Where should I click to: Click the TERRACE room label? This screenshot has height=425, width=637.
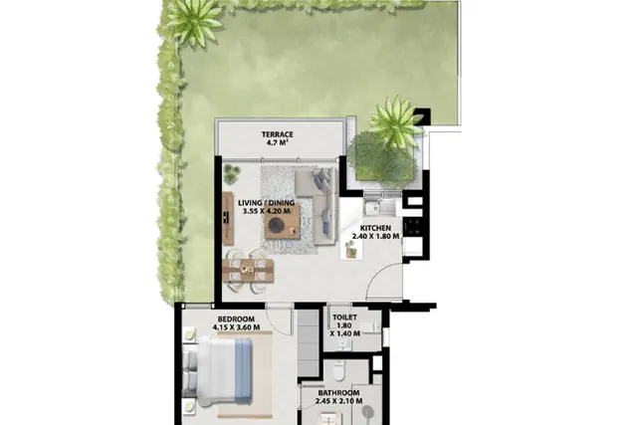(278, 134)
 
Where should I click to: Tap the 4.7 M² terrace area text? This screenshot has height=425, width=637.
(278, 142)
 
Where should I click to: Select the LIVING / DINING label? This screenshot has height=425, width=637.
(266, 203)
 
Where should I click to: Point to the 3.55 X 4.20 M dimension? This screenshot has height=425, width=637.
(266, 211)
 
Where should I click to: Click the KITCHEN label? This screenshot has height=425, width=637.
(376, 228)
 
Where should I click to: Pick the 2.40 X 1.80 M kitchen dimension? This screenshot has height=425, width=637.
(376, 236)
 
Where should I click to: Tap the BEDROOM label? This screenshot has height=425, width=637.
(236, 319)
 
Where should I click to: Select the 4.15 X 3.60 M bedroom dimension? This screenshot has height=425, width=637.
(236, 327)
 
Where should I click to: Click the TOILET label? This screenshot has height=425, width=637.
(345, 318)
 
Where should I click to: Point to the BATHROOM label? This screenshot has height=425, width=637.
(338, 393)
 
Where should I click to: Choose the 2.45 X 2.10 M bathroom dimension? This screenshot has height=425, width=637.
(338, 401)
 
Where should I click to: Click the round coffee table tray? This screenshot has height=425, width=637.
(277, 225)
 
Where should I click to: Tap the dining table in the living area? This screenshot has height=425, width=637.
(248, 270)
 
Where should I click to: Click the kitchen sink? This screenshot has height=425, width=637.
(373, 208)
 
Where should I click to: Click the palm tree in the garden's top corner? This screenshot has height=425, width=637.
(194, 20)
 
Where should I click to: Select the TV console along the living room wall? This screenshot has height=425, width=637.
(228, 218)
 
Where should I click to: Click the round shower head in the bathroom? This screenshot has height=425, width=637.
(367, 410)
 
